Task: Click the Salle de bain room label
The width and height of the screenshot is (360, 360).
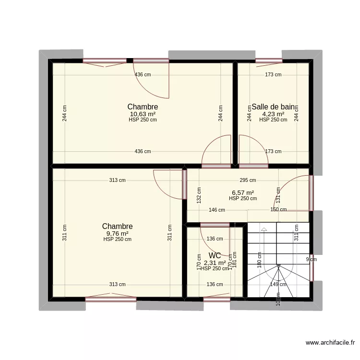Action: (273, 107)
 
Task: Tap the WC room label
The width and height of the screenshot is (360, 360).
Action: (215, 256)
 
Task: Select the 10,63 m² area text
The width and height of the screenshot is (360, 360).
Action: (143, 114)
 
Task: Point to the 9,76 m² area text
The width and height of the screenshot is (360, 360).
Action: (117, 233)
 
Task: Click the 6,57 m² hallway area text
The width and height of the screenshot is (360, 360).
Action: (243, 192)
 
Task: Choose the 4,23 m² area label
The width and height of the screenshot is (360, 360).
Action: (273, 114)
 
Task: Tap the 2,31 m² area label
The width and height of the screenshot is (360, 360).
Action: (215, 263)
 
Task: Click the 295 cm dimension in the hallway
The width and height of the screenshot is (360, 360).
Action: (248, 180)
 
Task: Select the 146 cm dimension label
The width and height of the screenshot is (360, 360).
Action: (217, 210)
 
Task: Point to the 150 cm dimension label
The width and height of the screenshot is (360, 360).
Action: (278, 210)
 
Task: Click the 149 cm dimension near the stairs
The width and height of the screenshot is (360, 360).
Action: (278, 284)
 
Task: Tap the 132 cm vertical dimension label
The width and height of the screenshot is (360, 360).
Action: (199, 195)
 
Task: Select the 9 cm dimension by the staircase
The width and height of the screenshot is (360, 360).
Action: (312, 260)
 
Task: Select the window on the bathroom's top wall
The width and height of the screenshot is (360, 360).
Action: (269, 60)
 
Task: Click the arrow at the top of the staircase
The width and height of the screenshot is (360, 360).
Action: (263, 230)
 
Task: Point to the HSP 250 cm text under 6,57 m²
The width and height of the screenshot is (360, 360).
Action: (243, 198)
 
